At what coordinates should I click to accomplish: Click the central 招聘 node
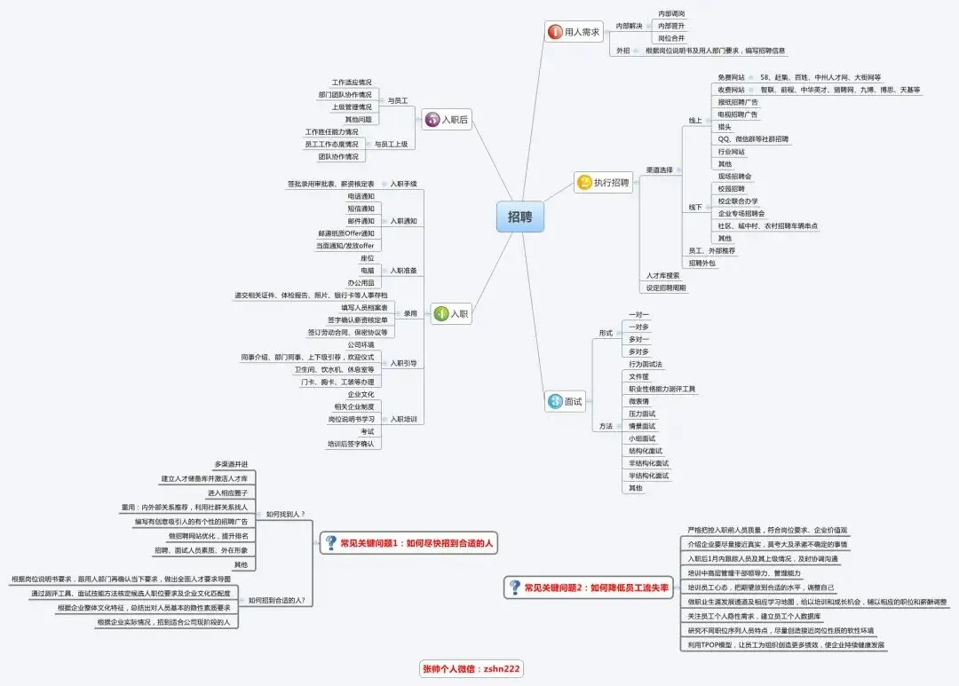(519, 217)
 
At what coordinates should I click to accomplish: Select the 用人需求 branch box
(574, 32)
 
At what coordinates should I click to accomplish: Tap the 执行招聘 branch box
(604, 183)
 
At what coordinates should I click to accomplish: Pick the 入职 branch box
(450, 313)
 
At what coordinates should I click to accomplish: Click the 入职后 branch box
(446, 119)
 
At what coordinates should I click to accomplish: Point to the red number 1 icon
(556, 32)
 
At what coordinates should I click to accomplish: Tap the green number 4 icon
(441, 313)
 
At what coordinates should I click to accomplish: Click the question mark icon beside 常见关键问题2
(514, 587)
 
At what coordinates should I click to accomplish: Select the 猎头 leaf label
(725, 127)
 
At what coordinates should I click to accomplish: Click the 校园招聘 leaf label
(732, 188)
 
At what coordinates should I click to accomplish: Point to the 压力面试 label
(642, 414)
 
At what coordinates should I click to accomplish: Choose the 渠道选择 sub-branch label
(659, 170)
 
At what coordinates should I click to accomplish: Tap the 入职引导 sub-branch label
(403, 363)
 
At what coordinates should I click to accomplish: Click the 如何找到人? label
(284, 514)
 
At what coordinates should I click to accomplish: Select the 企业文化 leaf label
(361, 394)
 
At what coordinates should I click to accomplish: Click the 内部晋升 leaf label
(671, 26)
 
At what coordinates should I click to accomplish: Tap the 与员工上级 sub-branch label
(391, 144)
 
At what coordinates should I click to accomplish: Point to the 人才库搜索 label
(663, 276)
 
